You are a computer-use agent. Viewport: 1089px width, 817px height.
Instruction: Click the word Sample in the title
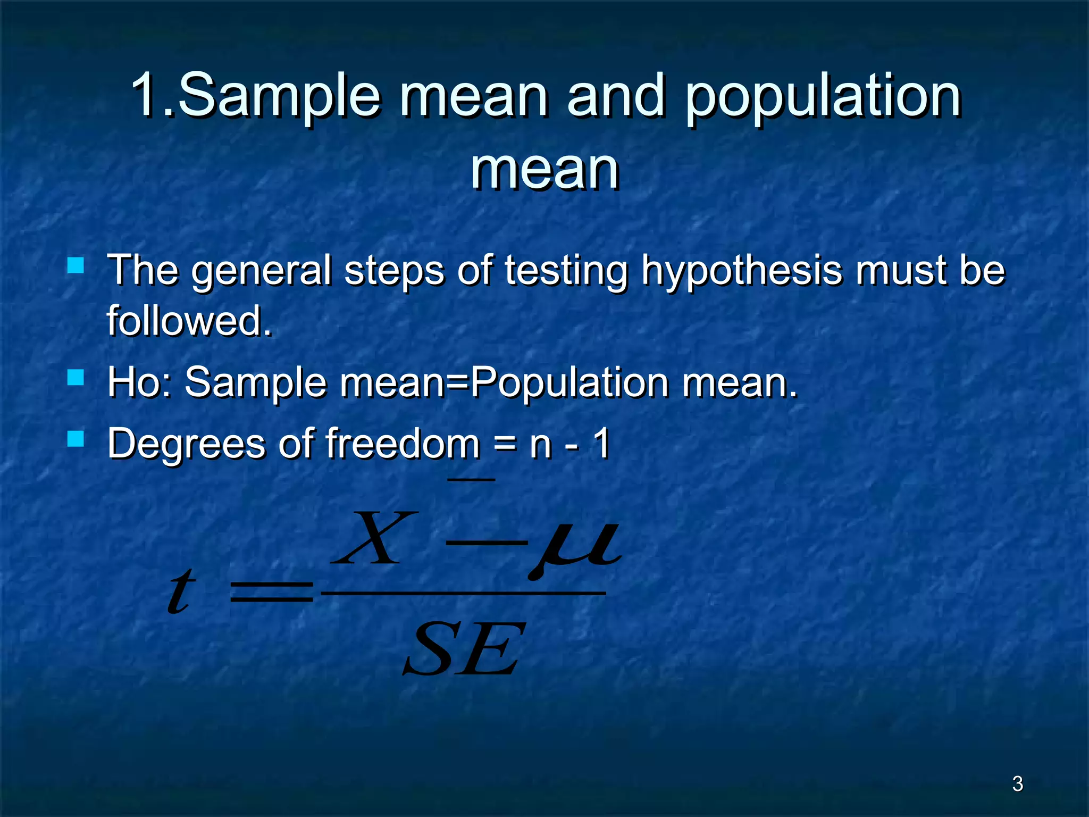pos(279,96)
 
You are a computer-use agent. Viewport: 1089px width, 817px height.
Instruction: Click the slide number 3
pos(1017,783)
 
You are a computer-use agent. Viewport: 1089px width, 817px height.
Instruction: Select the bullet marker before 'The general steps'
pos(76,264)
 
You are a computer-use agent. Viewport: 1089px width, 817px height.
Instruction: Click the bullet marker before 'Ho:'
pos(76,377)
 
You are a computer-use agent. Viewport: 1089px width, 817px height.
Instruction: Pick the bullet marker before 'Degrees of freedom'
pos(76,438)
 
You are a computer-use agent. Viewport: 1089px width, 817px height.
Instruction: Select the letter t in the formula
pos(180,591)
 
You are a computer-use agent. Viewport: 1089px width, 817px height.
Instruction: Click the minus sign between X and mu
pos(485,543)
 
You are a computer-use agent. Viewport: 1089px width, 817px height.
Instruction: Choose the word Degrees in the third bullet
pos(187,444)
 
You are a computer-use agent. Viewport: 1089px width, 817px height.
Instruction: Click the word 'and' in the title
pos(616,96)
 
